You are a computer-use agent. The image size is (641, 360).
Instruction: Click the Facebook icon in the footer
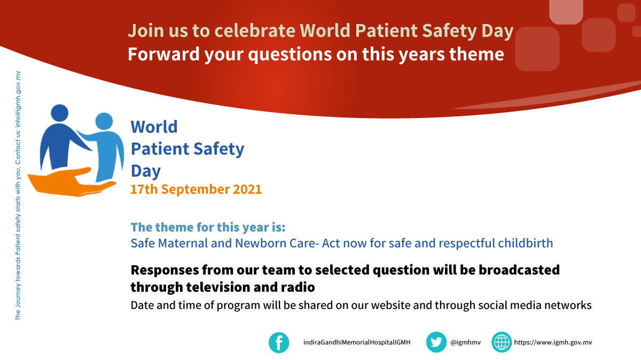click(x=279, y=342)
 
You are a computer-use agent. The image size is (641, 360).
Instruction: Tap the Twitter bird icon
click(x=436, y=342)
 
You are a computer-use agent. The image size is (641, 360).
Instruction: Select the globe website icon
click(x=502, y=342)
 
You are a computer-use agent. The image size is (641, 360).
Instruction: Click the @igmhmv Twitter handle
click(x=466, y=342)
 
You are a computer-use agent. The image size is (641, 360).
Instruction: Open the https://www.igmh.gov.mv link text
click(x=553, y=342)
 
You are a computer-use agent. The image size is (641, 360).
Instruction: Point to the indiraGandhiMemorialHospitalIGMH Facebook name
click(x=357, y=342)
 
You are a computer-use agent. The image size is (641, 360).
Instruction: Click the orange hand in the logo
click(x=72, y=183)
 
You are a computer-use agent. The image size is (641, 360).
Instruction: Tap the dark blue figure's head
click(x=59, y=113)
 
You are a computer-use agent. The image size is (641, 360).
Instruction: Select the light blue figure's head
click(x=104, y=121)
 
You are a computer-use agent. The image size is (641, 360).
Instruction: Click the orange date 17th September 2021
click(x=196, y=189)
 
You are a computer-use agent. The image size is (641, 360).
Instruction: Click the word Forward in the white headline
click(x=163, y=54)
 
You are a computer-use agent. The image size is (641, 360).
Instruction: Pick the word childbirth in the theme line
click(x=526, y=243)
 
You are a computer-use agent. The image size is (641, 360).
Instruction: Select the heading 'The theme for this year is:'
click(x=208, y=227)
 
